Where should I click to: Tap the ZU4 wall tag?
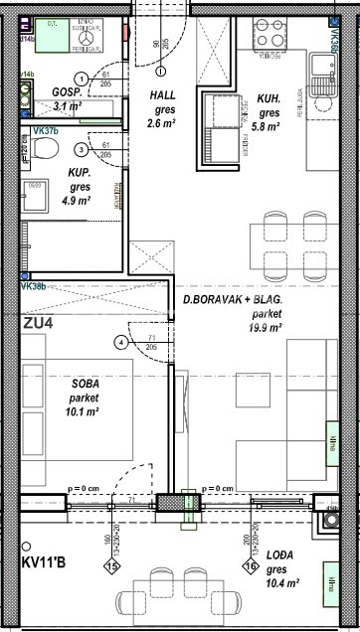39,322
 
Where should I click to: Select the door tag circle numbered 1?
81,80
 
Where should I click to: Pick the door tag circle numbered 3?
82,149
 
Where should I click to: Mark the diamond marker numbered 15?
112,566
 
